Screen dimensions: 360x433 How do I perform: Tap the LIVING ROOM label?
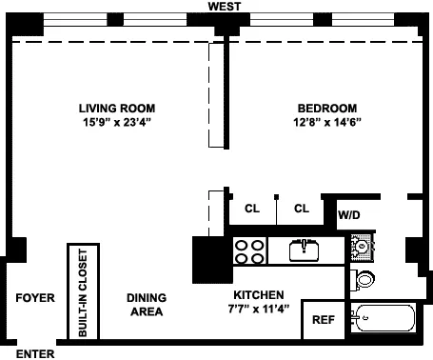(117, 108)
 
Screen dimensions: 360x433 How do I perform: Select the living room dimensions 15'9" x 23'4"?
(117, 122)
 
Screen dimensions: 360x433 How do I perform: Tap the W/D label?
(348, 216)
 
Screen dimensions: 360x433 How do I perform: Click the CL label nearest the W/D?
(302, 209)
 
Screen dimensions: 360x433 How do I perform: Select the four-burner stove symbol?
(249, 251)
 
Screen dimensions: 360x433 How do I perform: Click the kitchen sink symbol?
(303, 250)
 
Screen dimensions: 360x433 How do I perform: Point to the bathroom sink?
(362, 247)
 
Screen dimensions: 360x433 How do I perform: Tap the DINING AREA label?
(146, 304)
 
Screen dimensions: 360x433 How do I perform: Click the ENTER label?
(34, 352)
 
